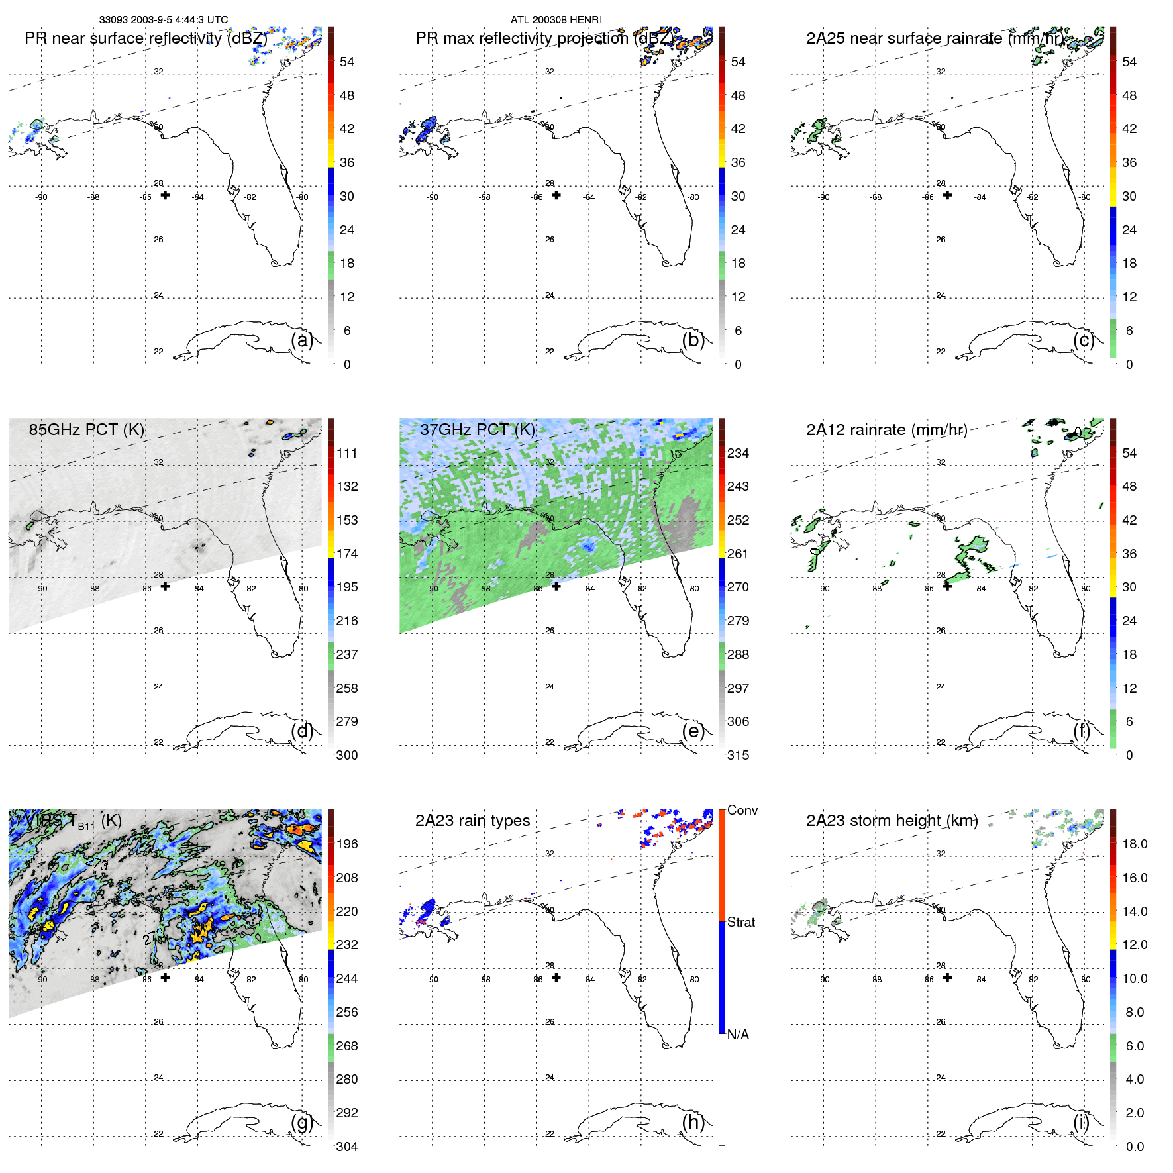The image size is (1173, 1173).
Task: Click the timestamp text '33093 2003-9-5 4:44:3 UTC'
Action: [163, 20]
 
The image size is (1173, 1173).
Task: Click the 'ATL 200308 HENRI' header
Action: [556, 20]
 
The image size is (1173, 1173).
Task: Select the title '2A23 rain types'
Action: [472, 821]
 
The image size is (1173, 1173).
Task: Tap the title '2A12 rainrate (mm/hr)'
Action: [886, 429]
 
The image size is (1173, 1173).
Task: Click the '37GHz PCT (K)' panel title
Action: [477, 429]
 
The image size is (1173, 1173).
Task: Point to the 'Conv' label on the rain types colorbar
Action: [742, 810]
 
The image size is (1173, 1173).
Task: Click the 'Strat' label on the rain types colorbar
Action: [740, 922]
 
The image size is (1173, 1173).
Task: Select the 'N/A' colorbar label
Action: [738, 1035]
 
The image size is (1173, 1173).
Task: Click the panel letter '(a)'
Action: [302, 340]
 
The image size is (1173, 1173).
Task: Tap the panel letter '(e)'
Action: [693, 731]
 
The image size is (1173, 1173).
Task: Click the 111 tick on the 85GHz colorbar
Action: [346, 453]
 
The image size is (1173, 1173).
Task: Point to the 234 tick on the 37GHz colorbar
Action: [738, 453]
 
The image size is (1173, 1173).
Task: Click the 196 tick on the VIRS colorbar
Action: [346, 844]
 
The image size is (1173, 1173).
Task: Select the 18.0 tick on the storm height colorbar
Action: [1134, 844]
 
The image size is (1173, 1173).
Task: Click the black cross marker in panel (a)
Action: [165, 195]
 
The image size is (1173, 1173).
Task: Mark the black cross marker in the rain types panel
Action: [556, 977]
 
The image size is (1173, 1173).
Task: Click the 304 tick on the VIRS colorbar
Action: [346, 1147]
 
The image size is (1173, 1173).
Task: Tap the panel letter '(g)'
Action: [302, 1122]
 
